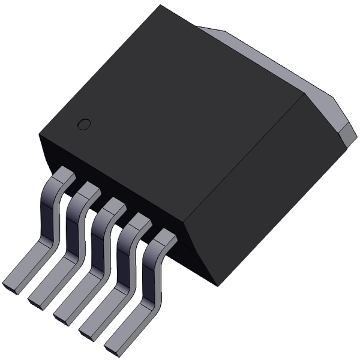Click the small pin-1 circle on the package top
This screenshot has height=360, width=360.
[85, 124]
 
